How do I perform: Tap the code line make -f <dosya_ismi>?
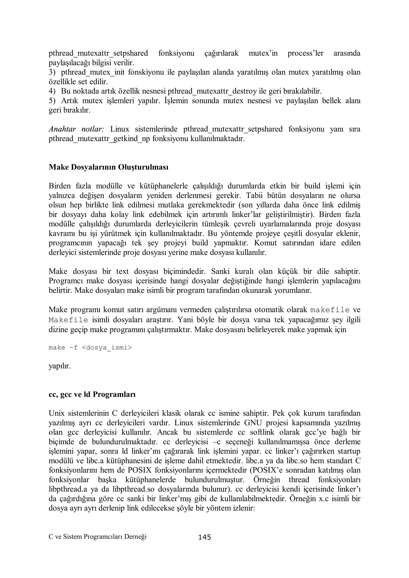coord(90,348)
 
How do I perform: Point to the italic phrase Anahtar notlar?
coord(76,129)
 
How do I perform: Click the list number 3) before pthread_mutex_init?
coord(52,72)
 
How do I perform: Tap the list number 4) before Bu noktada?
coord(52,91)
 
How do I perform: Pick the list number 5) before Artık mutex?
coord(52,101)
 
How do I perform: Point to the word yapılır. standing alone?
coord(60,366)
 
